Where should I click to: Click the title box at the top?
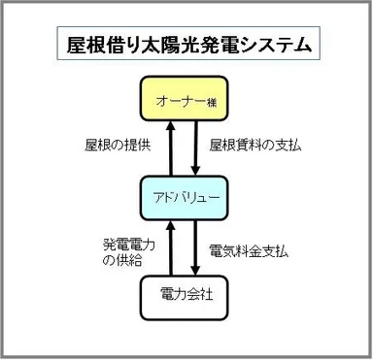[186, 44]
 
